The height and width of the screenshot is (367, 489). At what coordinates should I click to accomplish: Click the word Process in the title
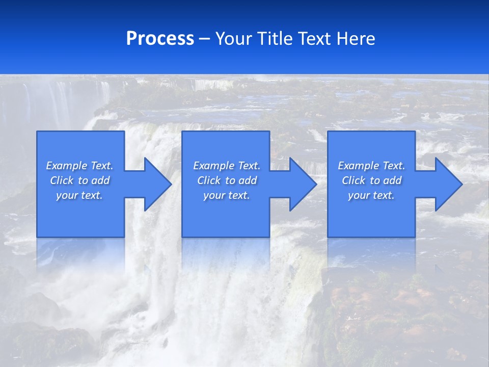pyautogui.click(x=160, y=39)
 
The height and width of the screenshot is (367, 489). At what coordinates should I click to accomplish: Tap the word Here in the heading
pyautogui.click(x=357, y=39)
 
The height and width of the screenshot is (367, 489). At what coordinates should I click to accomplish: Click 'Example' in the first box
pyautogui.click(x=67, y=166)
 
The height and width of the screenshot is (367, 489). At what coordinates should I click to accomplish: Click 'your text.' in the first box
pyautogui.click(x=79, y=195)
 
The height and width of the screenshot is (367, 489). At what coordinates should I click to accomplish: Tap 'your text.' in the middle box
pyautogui.click(x=226, y=195)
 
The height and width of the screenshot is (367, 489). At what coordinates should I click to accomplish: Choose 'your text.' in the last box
pyautogui.click(x=371, y=195)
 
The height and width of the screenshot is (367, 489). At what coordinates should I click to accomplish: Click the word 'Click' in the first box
pyautogui.click(x=62, y=180)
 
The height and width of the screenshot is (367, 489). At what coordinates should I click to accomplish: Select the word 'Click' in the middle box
pyautogui.click(x=209, y=180)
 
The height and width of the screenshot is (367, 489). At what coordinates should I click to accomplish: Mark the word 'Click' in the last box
pyautogui.click(x=354, y=180)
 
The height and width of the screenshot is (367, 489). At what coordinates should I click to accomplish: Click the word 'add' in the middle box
pyautogui.click(x=248, y=180)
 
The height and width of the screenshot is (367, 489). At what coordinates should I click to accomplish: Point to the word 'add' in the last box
pyautogui.click(x=392, y=180)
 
